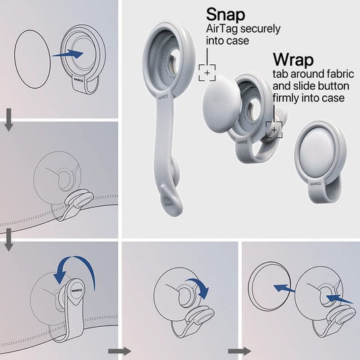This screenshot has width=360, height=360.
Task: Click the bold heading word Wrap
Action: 293,60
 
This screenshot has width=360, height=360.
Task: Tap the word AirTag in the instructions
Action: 221,29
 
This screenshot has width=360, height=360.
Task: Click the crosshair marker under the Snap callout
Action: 207,73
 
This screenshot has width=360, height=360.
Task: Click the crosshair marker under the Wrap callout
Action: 274,130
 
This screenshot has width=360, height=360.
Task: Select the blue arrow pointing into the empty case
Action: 68,54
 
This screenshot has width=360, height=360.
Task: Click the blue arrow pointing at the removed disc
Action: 284,288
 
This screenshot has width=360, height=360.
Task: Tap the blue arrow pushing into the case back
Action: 339,299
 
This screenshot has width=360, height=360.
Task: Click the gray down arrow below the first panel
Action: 9,120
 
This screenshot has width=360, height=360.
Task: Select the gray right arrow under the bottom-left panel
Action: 120,351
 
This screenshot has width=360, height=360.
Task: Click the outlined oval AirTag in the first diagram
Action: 32,59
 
